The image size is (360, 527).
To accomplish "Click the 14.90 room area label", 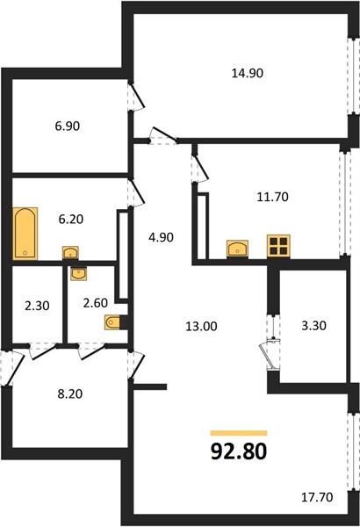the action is coord(248,73).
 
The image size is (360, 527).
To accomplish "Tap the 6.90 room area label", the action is coord(68,126).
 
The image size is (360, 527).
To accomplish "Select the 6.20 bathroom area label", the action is coord(70,219).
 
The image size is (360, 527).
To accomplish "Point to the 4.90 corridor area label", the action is coord(161,237).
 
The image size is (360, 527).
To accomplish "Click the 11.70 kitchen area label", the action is coord(272,197).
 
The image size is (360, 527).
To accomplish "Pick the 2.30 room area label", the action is coord(37,306).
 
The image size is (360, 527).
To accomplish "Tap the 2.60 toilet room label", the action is coord(96,303).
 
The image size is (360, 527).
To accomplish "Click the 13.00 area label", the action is coord(201,326).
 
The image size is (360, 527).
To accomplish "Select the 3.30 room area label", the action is coord(313,325).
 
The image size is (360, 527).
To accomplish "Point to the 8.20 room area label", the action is coord(70,393).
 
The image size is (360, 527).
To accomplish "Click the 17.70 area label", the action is coord(317,497).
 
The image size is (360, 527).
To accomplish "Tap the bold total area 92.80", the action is coord(239,451).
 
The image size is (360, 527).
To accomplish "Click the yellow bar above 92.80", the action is coord(239,433).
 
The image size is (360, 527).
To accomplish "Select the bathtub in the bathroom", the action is coord(25,234).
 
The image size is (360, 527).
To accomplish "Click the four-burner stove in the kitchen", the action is coord(278,246).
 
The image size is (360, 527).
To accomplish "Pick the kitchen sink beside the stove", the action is coord(238,249).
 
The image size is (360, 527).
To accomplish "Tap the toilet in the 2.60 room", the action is coord(114,322).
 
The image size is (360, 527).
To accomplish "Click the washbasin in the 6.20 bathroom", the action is coord(70,253).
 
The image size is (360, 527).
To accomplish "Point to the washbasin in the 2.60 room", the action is coord(79,273).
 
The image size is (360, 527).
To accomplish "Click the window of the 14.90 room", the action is coord(353,75).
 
